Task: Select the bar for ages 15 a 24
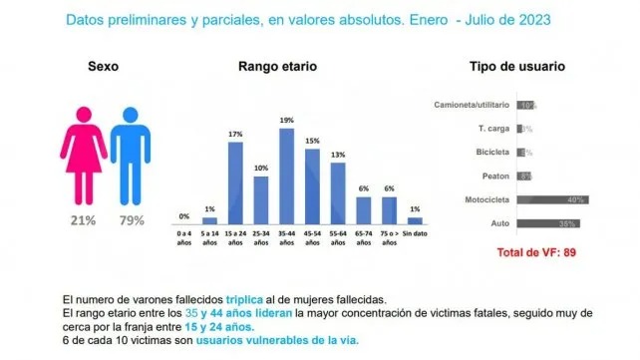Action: click(x=235, y=183)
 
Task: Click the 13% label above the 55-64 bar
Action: click(x=338, y=155)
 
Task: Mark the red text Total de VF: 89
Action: click(x=538, y=252)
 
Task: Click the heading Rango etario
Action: click(x=278, y=67)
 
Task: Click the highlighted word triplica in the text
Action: click(x=251, y=299)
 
